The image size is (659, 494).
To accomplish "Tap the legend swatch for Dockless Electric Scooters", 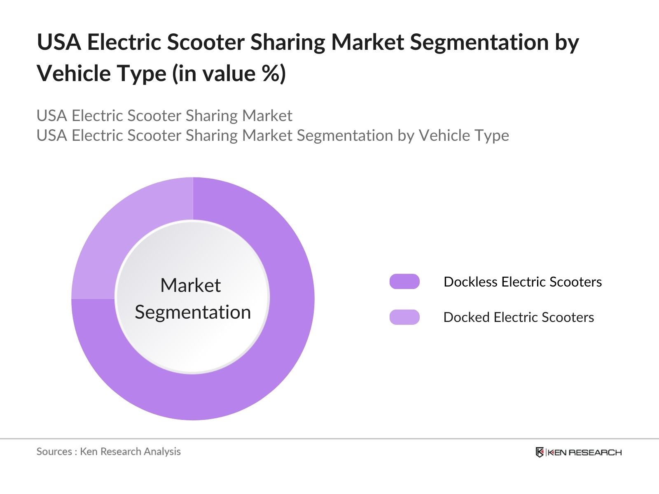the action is [404, 281].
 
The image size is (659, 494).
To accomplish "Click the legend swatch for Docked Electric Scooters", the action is [404, 317].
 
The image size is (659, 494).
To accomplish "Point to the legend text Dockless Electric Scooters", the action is [523, 282].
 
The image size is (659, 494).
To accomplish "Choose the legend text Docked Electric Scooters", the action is [519, 317].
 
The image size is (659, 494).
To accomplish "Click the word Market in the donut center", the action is [191, 285].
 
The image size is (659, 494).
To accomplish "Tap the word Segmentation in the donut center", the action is [193, 312].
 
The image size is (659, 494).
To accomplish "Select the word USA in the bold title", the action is [59, 42].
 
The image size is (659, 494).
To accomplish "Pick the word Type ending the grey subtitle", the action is [494, 135].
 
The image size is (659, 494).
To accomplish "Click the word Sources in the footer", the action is [54, 452].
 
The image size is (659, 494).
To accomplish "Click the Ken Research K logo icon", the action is [540, 452].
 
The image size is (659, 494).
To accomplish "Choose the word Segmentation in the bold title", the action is [479, 42].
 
